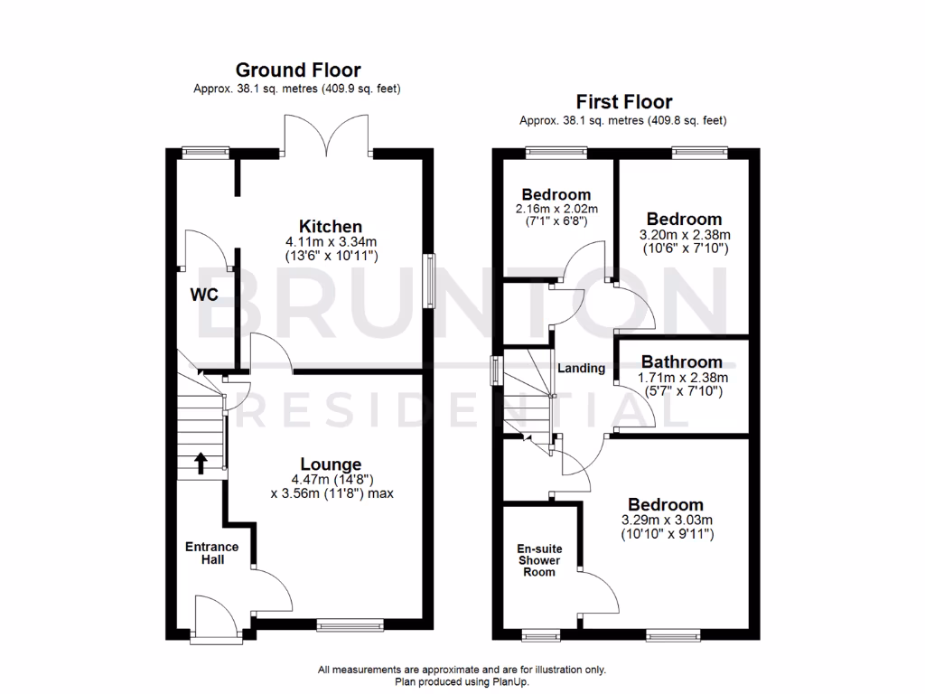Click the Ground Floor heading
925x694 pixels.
297,70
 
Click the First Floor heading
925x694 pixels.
623,102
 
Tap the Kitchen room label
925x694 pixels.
332,226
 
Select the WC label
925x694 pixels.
204,295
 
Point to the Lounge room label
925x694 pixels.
332,464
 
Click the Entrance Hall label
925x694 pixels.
212,553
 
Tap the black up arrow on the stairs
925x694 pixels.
201,463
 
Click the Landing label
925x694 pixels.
581,368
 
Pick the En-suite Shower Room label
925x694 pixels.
538,560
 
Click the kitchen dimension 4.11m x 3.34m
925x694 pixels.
332,242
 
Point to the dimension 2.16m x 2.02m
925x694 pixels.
557,210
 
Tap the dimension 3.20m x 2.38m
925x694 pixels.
684,234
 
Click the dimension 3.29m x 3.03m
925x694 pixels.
667,520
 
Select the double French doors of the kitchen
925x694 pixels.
327,136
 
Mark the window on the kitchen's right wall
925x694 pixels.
430,282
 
